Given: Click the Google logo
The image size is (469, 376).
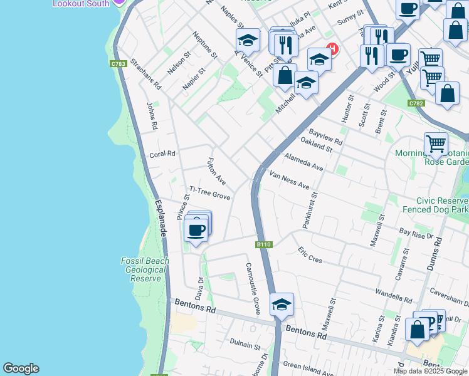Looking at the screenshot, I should (21, 368).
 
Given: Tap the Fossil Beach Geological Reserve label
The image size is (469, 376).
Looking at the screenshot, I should (145, 269).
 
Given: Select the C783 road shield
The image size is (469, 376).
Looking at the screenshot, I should (117, 64).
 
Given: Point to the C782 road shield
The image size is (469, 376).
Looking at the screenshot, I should (416, 103).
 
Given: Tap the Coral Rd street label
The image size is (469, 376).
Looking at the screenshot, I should (162, 154).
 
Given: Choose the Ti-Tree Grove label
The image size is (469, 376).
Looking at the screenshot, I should (210, 196).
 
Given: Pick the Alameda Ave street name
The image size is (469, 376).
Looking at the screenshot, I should (303, 162).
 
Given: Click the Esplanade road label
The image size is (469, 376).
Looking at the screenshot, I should (161, 217).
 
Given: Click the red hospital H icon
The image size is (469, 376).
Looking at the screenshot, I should (332, 48).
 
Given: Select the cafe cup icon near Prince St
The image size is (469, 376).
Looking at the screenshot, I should (196, 229).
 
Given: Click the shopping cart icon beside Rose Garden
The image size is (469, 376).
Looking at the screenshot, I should (436, 144).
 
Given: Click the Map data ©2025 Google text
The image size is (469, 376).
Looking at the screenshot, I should (431, 371).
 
